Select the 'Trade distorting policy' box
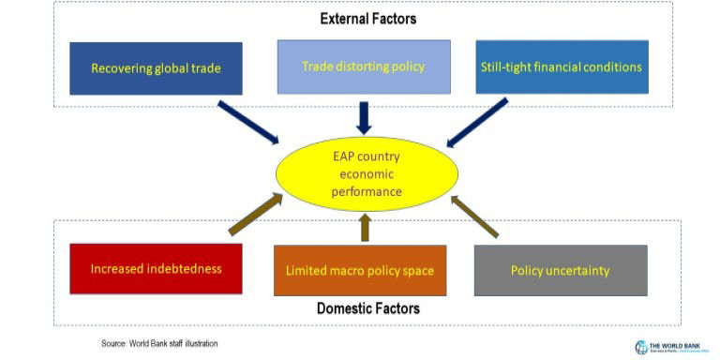[364, 67]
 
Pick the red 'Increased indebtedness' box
[156, 269]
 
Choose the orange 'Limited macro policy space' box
[360, 271]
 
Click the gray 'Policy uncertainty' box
[560, 270]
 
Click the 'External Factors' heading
[368, 18]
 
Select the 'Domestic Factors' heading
[367, 307]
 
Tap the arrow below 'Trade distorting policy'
[365, 116]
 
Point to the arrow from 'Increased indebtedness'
[255, 215]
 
